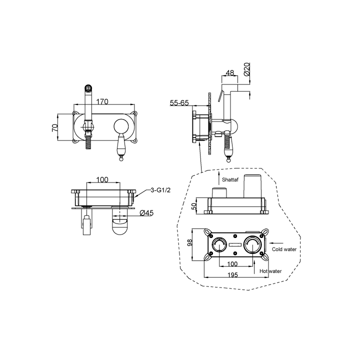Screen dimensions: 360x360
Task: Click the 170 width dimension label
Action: coord(102,101)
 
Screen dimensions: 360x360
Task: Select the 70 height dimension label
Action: coord(55,127)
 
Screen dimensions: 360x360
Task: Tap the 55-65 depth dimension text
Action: coord(179,103)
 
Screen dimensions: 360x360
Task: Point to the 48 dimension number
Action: coord(230,73)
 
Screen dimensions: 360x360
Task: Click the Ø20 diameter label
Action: coord(246,69)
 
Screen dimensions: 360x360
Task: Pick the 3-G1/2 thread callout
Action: coord(160,190)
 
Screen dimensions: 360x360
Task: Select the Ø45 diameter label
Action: coord(146,213)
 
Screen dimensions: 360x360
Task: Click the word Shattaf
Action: coord(230,179)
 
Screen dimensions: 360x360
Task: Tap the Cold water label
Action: coord(284,249)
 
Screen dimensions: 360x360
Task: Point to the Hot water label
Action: coord(270,271)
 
